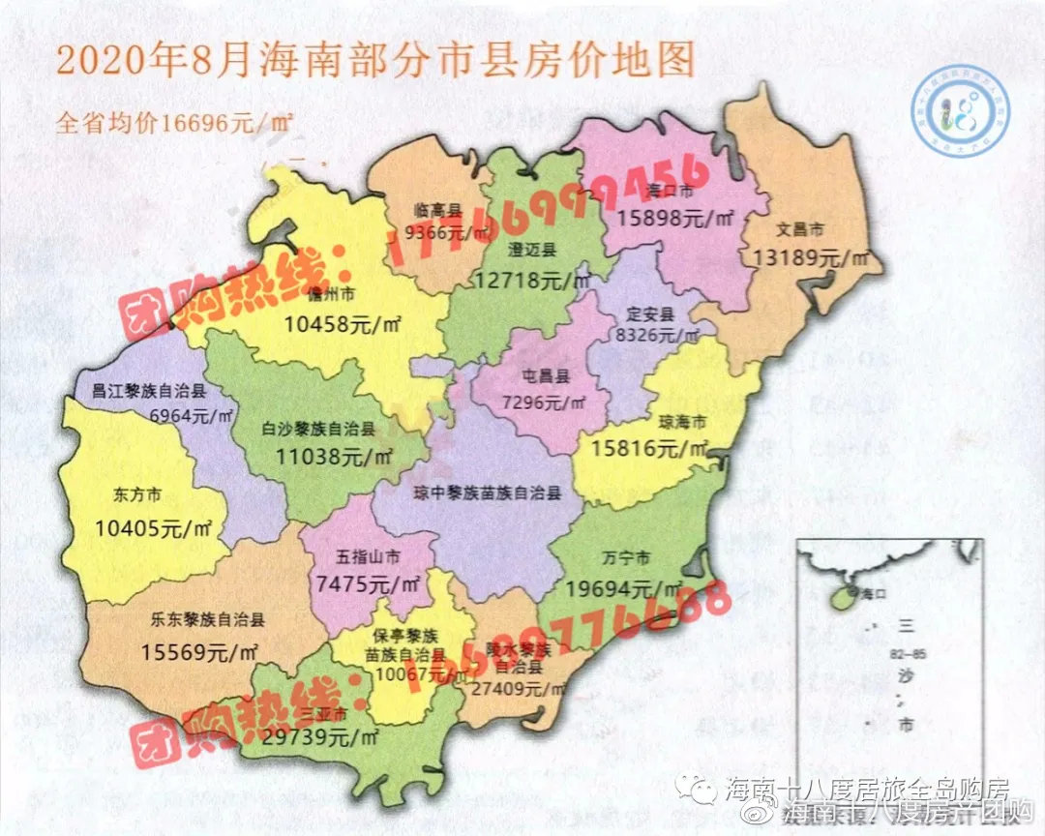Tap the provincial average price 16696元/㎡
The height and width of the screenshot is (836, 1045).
point(175,124)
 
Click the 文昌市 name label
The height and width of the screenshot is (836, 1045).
point(799,230)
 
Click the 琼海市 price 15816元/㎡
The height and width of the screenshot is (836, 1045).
point(642,447)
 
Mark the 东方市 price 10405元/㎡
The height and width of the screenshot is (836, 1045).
point(154,528)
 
